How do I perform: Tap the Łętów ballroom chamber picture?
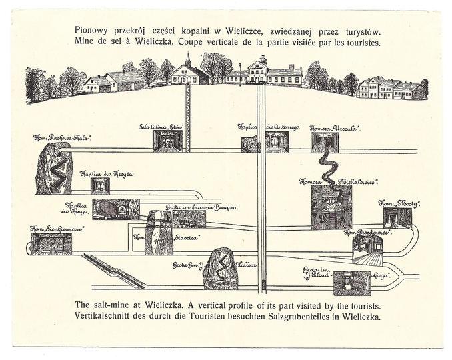pyautogui.click(x=167, y=141)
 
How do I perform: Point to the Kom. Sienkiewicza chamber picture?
pyautogui.click(x=51, y=244)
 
